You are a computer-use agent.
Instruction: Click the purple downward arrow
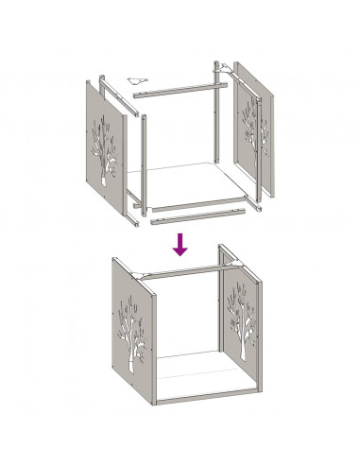180,245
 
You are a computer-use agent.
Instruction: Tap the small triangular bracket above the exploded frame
137,79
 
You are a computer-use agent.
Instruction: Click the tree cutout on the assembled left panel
133,334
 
